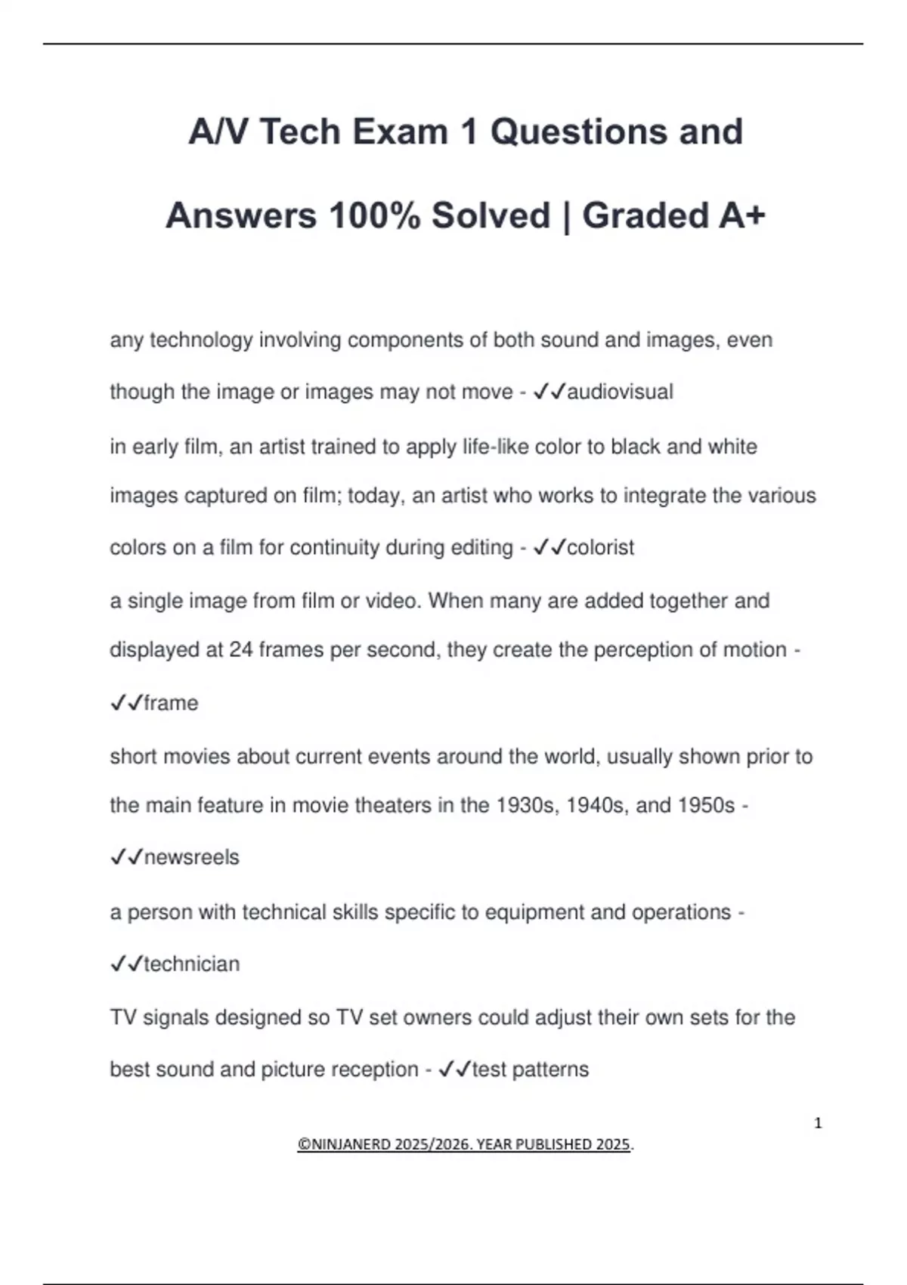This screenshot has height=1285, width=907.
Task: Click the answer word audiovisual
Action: click(620, 392)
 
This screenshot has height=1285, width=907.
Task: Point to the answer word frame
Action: click(171, 703)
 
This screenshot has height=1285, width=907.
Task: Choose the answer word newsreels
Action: click(191, 857)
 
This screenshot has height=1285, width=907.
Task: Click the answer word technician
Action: click(191, 964)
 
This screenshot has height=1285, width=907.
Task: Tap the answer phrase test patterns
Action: click(530, 1070)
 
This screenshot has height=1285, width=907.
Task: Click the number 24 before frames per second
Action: click(240, 650)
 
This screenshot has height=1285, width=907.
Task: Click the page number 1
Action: click(818, 1123)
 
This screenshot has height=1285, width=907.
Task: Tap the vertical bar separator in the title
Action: click(566, 215)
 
